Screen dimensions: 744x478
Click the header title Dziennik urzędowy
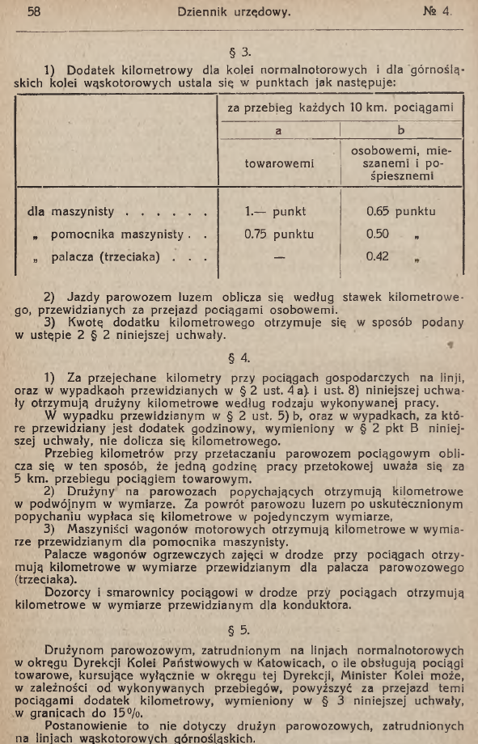click(x=239, y=12)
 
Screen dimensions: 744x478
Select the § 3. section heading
click(x=239, y=51)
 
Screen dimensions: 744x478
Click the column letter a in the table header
click(x=279, y=129)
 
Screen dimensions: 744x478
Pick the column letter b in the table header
click(x=400, y=129)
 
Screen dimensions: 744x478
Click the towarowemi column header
click(x=279, y=163)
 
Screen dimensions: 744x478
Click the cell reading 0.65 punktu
click(x=400, y=212)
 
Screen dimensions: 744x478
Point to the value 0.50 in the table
click(x=379, y=235)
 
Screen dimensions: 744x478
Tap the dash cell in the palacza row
click(x=280, y=260)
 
